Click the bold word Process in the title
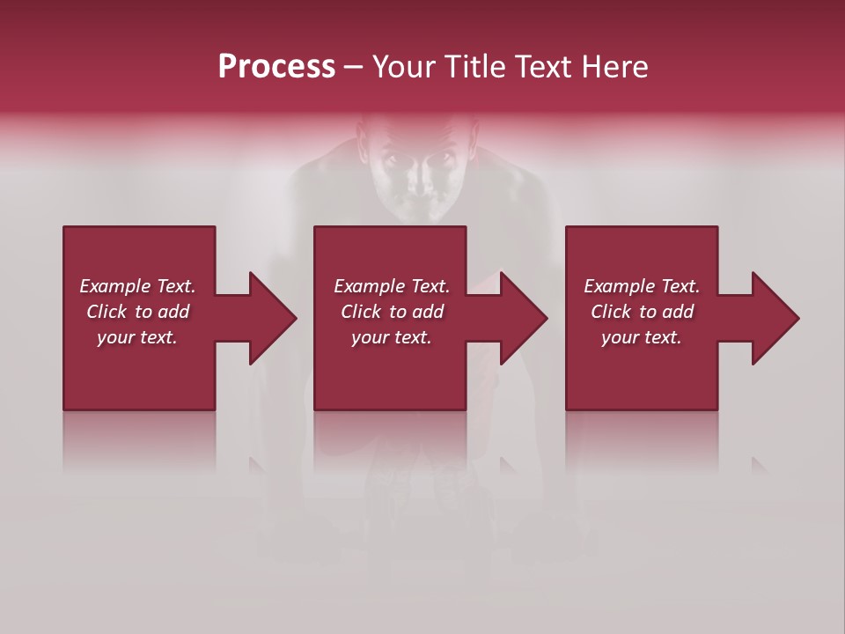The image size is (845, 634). coord(276,67)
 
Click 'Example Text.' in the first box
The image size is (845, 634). coord(137,286)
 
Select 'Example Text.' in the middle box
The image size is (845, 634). coord(392,286)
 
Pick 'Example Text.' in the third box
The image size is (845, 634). coord(642,286)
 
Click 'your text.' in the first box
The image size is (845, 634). coord(137,337)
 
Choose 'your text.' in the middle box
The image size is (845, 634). coord(392,337)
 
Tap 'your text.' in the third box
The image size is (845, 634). coord(642,337)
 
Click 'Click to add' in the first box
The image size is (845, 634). coord(137,312)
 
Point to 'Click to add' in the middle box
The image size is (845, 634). coord(392,312)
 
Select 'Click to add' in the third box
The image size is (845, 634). coord(642,312)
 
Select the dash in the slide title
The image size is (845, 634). coord(354,67)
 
